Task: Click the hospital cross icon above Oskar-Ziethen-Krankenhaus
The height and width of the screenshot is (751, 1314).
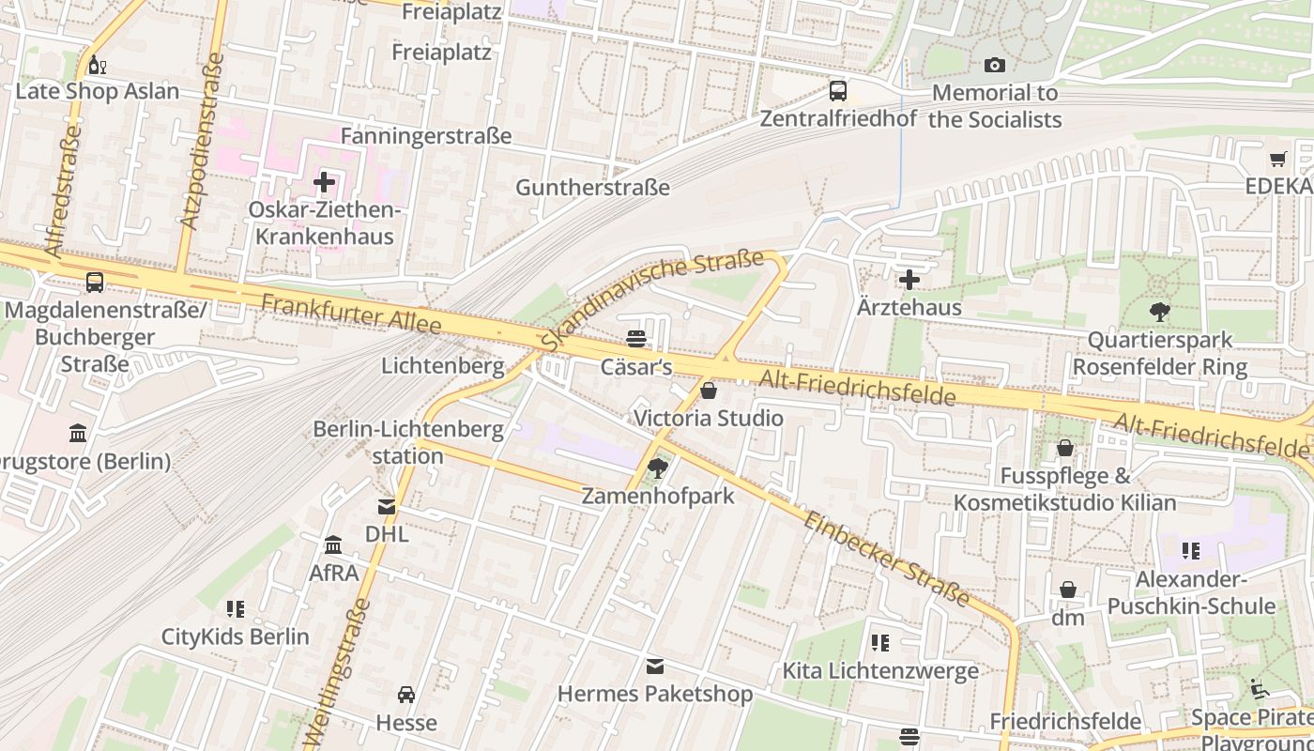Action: click(325, 182)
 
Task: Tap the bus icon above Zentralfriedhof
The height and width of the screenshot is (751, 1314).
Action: click(837, 91)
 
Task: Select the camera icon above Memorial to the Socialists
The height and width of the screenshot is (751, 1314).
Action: click(994, 65)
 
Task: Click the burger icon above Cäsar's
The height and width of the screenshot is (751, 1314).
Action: click(636, 339)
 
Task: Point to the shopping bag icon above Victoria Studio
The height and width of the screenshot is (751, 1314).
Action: click(709, 390)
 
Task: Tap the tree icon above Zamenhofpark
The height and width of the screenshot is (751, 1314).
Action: click(658, 467)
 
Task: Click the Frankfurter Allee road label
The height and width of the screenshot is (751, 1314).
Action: click(351, 314)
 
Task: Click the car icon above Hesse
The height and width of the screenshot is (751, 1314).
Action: click(406, 695)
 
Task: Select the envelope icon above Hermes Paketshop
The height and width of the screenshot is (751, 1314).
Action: click(655, 667)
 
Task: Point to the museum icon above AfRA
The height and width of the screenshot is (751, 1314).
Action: click(333, 544)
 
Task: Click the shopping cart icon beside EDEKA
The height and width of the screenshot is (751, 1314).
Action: click(1277, 159)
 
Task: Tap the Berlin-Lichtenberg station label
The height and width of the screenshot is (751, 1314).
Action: click(408, 443)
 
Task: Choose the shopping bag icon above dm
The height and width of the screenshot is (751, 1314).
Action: click(1067, 590)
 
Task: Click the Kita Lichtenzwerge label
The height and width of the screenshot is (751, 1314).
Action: click(880, 670)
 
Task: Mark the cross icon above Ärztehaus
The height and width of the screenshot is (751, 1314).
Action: click(909, 280)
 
